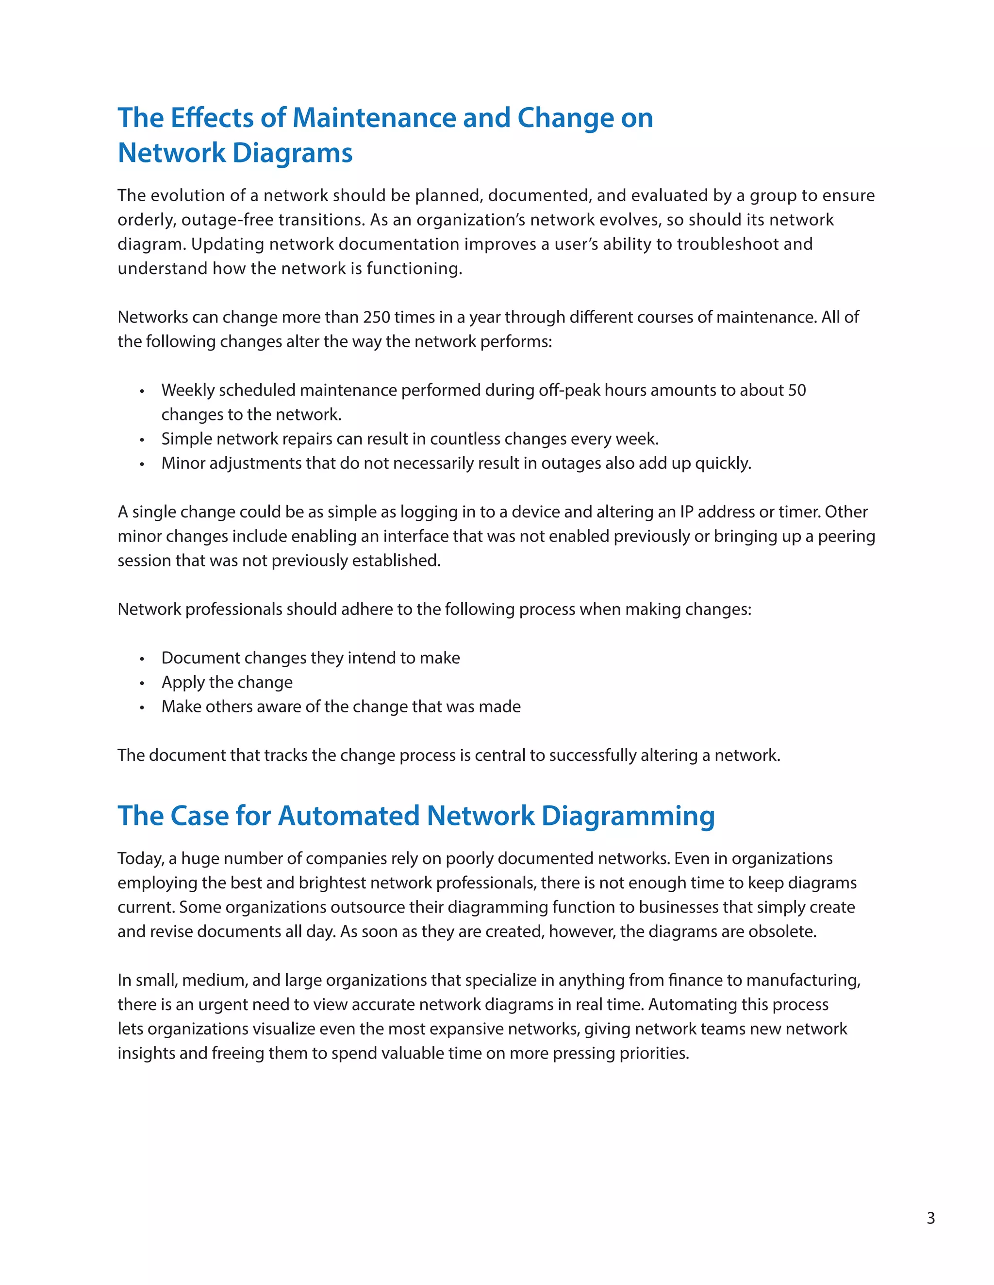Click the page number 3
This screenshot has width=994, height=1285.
point(930,1218)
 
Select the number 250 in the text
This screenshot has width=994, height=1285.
point(376,317)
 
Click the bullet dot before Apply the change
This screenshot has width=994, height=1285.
point(142,684)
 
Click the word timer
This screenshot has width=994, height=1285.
point(798,512)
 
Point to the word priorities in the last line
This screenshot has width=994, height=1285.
point(654,1053)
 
